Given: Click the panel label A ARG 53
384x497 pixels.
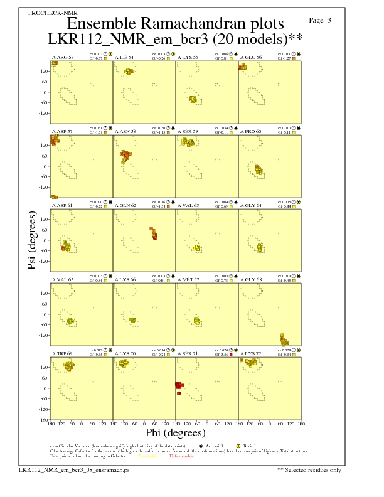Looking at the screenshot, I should pyautogui.click(x=63, y=57).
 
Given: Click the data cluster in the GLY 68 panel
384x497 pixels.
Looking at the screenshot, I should pyautogui.click(x=283, y=340).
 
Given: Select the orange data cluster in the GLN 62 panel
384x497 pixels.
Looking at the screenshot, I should pyautogui.click(x=154, y=233).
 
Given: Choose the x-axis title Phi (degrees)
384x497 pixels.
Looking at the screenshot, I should pyautogui.click(x=175, y=433).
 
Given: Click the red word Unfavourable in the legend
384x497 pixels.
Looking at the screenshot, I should pyautogui.click(x=182, y=456).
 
